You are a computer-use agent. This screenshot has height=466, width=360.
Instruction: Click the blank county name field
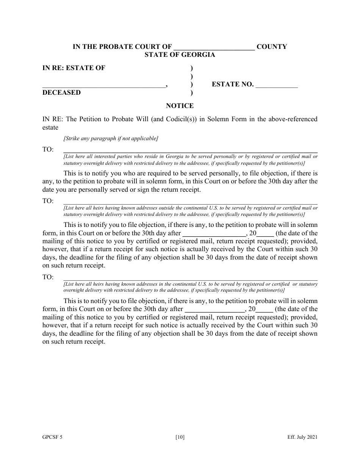point(214,47)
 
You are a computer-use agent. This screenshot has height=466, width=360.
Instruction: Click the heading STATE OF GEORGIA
point(180,55)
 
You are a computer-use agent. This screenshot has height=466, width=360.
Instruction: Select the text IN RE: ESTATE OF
point(74,68)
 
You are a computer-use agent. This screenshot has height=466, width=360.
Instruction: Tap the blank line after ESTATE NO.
point(277,85)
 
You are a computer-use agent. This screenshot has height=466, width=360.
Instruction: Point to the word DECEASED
point(61,93)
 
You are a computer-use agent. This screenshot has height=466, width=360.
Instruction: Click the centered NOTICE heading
point(180,106)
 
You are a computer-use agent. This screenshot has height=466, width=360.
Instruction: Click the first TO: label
point(48,150)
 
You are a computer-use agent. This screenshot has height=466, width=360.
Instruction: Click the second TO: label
point(48,201)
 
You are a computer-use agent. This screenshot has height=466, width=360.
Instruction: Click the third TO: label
point(48,277)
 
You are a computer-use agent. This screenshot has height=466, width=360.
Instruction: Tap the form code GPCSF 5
point(52,437)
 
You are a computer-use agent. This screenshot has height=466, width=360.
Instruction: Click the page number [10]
point(180,437)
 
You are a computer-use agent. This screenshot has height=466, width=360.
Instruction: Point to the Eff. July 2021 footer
point(302,437)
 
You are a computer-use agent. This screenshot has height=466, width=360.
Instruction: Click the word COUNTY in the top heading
point(272,47)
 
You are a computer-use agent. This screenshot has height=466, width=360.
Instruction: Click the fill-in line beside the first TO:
point(190,151)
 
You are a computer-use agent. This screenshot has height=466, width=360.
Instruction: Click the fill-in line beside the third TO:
point(190,278)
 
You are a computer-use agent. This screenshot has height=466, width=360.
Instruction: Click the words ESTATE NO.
point(232,84)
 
